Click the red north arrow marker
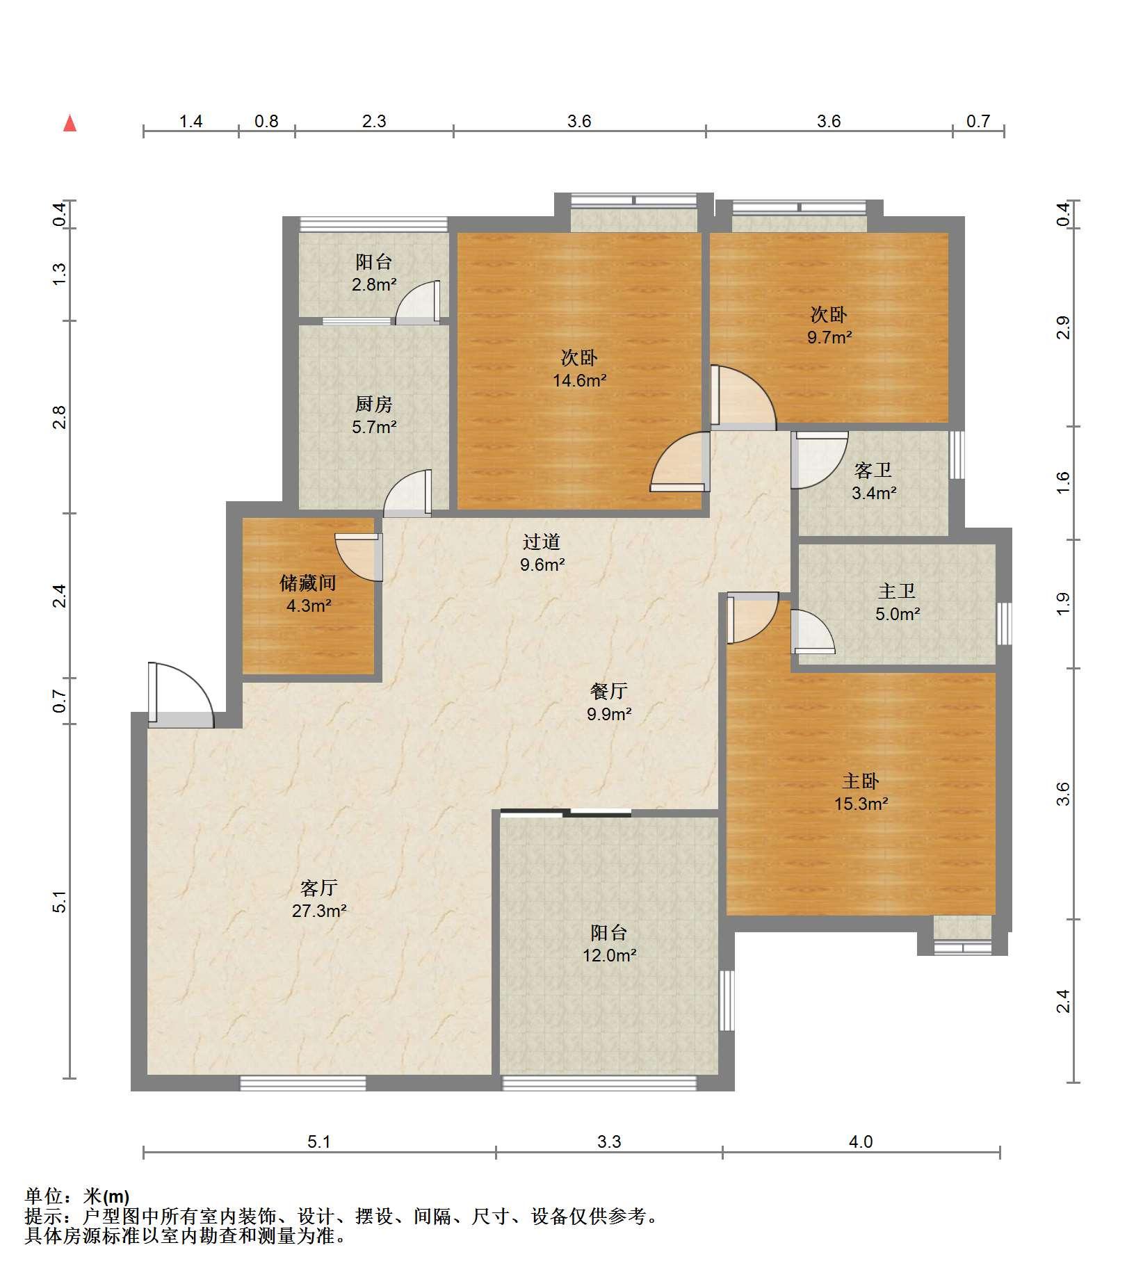click(70, 123)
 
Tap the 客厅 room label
click(319, 888)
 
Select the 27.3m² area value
click(319, 911)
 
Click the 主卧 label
click(861, 781)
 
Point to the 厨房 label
click(374, 403)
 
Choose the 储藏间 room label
click(308, 583)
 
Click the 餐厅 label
click(609, 690)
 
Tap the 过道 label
click(542, 542)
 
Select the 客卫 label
click(873, 470)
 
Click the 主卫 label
click(897, 591)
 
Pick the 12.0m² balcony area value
click(610, 955)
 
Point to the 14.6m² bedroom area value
click(580, 380)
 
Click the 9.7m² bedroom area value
click(829, 337)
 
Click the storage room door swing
click(358, 557)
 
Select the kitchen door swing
click(407, 494)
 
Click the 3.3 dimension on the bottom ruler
click(609, 1141)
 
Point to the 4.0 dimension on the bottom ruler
click(861, 1141)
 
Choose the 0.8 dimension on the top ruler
click(266, 121)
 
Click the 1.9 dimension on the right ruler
click(1062, 603)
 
